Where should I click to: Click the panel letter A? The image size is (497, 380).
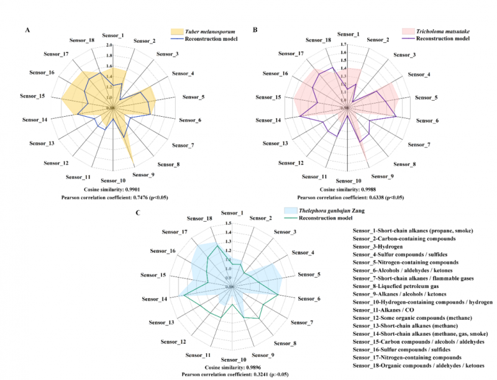coord(27,30)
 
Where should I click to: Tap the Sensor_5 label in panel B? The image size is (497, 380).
coord(427,98)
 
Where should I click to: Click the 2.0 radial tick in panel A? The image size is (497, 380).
coord(109,45)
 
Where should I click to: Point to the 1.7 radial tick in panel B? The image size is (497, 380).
coord(344,45)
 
